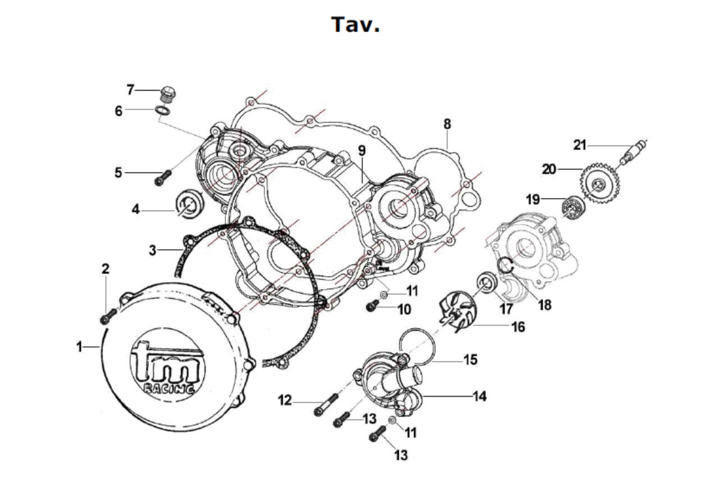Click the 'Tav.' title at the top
(x=355, y=25)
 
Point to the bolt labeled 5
(x=163, y=178)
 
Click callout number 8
(x=447, y=124)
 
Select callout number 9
(x=362, y=151)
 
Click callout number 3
(x=152, y=250)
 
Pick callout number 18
(x=544, y=305)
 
